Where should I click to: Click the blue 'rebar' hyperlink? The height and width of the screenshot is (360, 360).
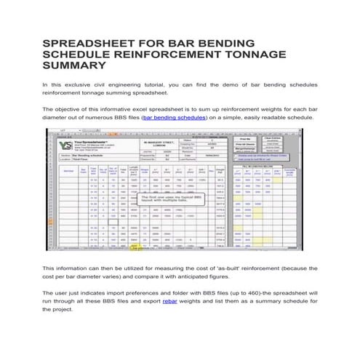[172, 300]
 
